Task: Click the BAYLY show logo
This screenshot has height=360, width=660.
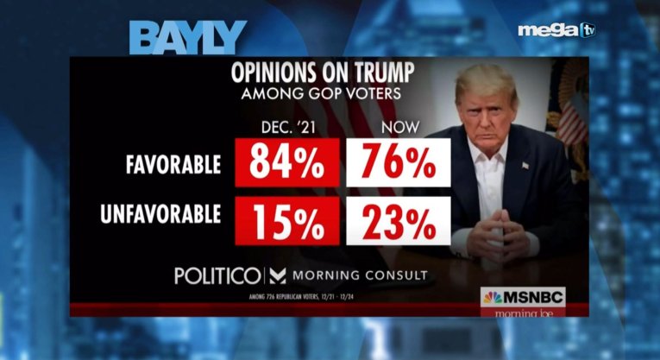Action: (x=187, y=38)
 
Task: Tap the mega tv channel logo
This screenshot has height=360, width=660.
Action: (x=556, y=30)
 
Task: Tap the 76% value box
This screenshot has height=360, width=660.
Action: (x=399, y=163)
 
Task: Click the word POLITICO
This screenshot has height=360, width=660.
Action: (x=217, y=276)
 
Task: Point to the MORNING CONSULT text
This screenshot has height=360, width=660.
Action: (x=361, y=276)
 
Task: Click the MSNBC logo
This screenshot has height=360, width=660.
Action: (x=523, y=297)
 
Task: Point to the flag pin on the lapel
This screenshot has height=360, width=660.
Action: (x=525, y=165)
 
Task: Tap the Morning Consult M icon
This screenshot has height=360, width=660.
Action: (x=278, y=276)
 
